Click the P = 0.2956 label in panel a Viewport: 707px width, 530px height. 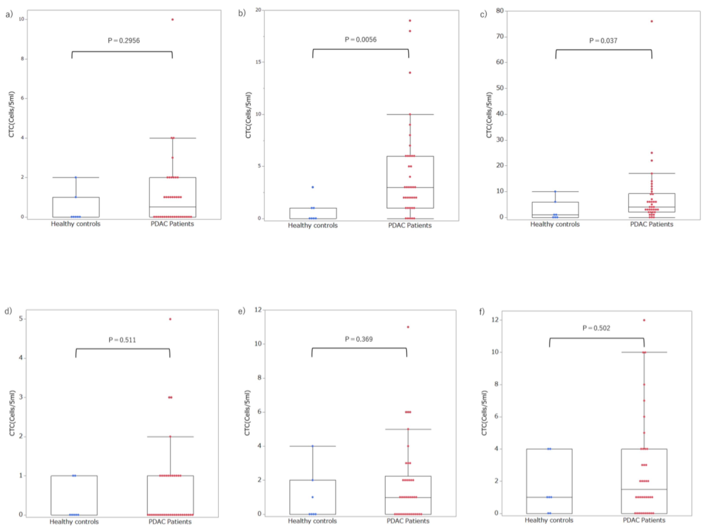(124, 41)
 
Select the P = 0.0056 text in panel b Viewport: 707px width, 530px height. (361, 40)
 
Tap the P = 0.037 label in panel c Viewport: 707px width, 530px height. (603, 41)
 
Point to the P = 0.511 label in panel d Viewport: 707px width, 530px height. (122, 340)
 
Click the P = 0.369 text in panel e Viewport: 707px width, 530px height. (359, 339)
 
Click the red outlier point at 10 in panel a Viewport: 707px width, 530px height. (173, 19)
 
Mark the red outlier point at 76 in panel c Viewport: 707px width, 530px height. (652, 21)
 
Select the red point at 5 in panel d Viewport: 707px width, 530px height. (170, 319)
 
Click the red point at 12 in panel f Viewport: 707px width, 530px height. (644, 320)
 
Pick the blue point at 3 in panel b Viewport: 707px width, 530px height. (313, 187)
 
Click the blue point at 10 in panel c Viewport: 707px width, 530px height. (555, 191)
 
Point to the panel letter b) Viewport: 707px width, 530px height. (242, 13)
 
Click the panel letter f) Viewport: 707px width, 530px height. (482, 311)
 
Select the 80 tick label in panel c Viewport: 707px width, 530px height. (500, 11)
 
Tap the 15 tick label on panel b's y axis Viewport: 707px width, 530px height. (258, 62)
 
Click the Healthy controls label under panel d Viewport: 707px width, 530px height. (74, 522)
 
